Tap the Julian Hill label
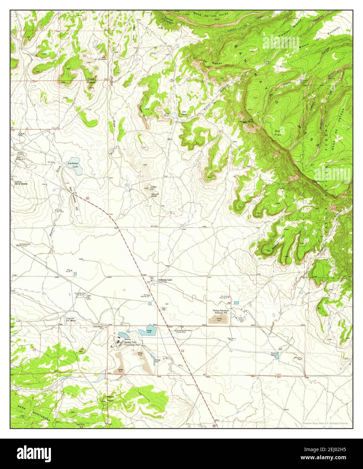click(154, 188)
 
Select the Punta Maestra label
click(91, 80)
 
